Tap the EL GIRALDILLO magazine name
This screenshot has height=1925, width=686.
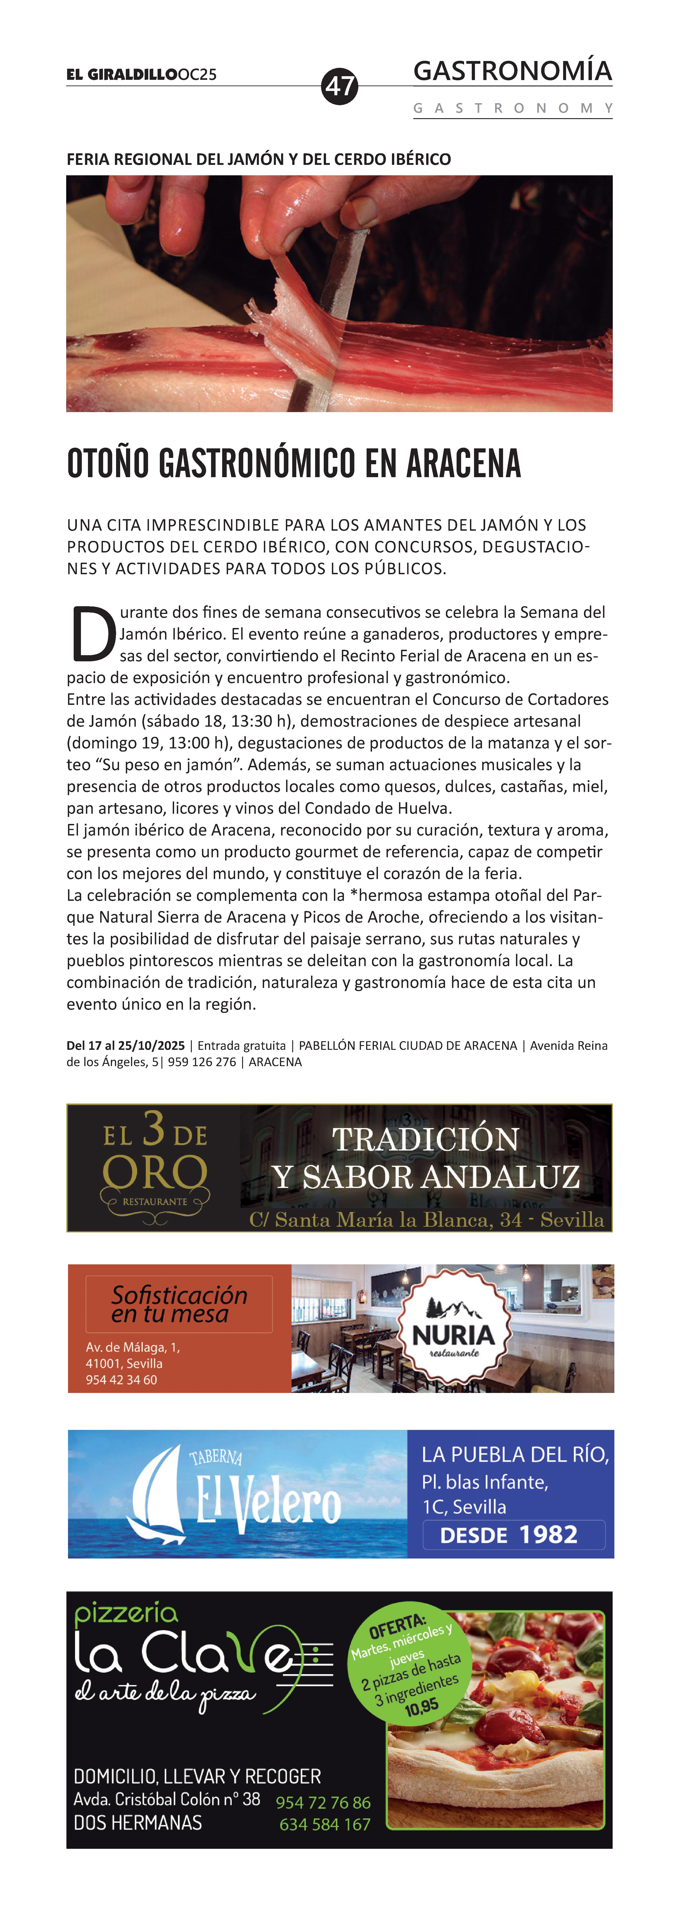122,75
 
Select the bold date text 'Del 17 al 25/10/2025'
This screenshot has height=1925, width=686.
126,1046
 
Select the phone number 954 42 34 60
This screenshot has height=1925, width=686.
121,1380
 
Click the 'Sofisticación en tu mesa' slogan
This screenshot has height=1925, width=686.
179,1304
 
